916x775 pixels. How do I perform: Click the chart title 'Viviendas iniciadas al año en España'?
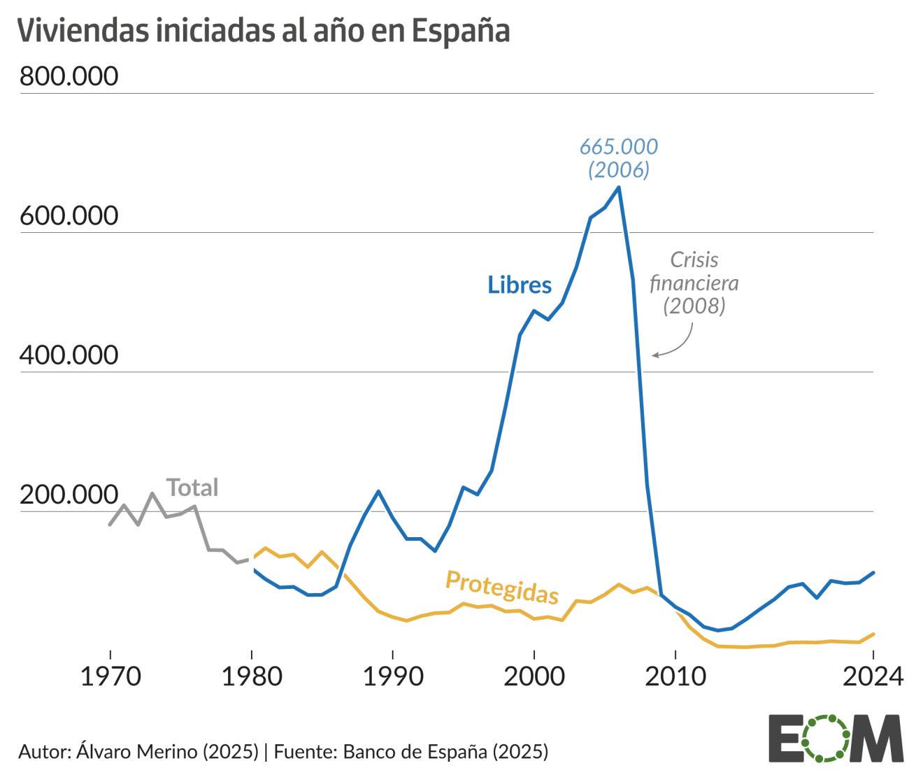[x=263, y=31]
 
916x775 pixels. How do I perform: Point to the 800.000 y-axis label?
[x=69, y=76]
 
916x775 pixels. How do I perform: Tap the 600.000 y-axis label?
[x=69, y=215]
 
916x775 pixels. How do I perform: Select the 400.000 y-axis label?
[x=69, y=355]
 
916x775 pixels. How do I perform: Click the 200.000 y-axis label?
[x=69, y=495]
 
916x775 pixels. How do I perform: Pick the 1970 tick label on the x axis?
[x=110, y=676]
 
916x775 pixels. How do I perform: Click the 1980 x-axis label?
[x=252, y=676]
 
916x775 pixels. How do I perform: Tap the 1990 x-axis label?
[x=393, y=676]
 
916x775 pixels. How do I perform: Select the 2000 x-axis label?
[x=534, y=676]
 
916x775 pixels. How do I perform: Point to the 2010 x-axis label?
[x=675, y=676]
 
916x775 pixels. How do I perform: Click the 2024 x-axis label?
[x=872, y=676]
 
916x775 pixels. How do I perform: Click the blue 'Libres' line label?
[x=520, y=285]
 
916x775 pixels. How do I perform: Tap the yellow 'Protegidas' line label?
[x=502, y=587]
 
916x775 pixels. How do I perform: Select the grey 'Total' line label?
[x=192, y=488]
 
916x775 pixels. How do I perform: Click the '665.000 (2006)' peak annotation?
[x=619, y=158]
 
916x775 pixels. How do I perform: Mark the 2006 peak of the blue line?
[x=619, y=187]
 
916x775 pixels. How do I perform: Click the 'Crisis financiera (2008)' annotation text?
[x=694, y=283]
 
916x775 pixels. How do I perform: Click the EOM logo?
[x=836, y=738]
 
